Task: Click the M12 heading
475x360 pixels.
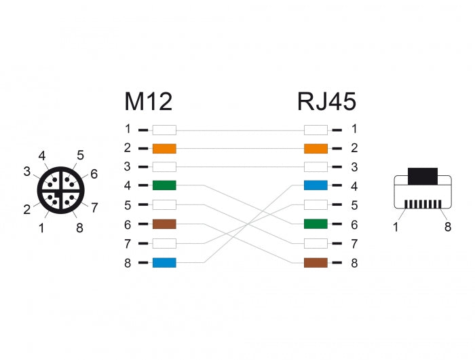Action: coord(148,101)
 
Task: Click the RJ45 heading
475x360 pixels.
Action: coord(326,101)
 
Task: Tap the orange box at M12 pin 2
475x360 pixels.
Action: coord(164,148)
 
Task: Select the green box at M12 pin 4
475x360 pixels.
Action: coord(164,186)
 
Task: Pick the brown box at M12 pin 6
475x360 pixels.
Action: coord(164,224)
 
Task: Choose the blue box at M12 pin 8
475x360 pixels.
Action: coord(164,262)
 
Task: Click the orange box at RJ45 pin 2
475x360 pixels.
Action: coord(316,148)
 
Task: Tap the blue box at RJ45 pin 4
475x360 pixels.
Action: coord(316,186)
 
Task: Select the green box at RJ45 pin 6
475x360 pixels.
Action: coord(316,224)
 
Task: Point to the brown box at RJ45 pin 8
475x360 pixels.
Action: coord(316,262)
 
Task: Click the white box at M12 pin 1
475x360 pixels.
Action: coord(164,129)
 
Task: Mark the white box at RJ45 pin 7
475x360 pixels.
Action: coord(316,243)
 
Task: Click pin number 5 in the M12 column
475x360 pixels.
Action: coord(127,205)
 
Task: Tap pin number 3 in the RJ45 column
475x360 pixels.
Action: coord(354,167)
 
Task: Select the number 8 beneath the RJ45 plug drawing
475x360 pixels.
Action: coord(447,228)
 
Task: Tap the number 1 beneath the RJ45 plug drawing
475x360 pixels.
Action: coord(396,228)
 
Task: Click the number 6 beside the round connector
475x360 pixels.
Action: coord(94,174)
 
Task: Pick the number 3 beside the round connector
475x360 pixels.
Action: coord(26,172)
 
